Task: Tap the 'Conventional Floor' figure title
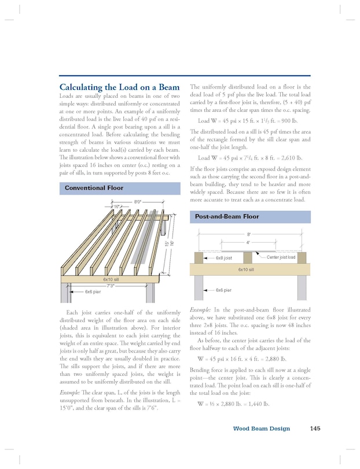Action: [x=94, y=188]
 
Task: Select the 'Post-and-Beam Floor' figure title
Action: [x=226, y=217]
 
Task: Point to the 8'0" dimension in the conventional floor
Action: [x=138, y=202]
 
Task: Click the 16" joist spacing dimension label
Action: [x=117, y=206]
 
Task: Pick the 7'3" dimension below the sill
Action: [x=110, y=285]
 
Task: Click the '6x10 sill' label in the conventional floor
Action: [x=111, y=279]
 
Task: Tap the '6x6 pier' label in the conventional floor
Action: [x=93, y=292]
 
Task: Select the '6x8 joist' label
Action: [x=223, y=258]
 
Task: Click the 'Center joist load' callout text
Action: [x=281, y=257]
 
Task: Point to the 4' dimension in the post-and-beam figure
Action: [x=248, y=243]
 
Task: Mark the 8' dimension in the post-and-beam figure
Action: [x=249, y=235]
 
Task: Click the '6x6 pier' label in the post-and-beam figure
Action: [x=223, y=290]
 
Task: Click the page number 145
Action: [x=315, y=429]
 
